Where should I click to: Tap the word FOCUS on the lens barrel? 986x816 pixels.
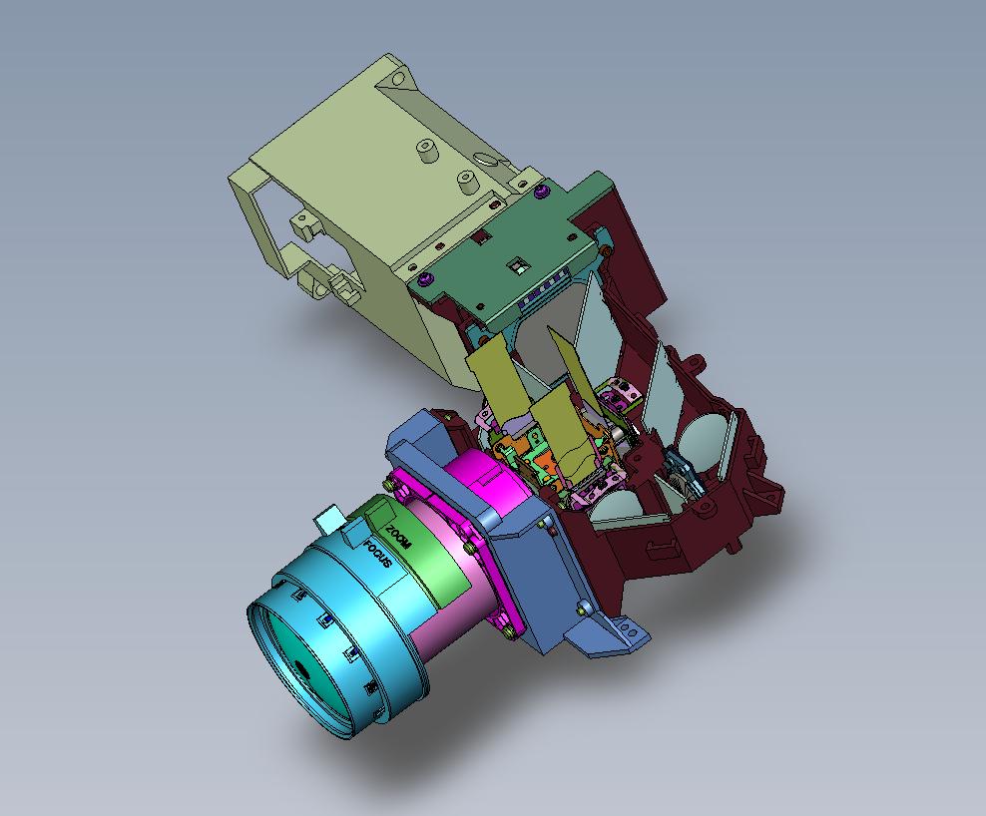pos(378,553)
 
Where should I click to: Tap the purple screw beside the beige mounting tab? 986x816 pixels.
pos(539,191)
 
